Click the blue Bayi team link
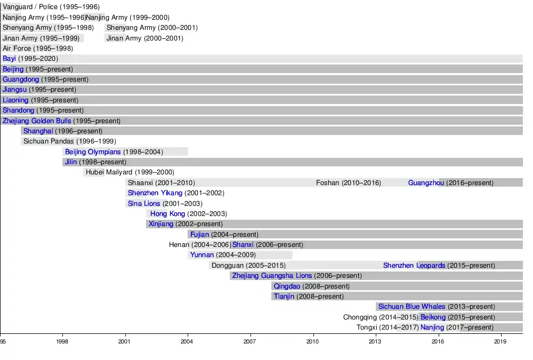9,59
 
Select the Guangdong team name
21,79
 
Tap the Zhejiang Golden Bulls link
37,121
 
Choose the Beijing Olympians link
93,152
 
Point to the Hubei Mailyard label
130,172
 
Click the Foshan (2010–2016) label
349,183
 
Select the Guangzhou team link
426,183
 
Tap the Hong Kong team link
167,214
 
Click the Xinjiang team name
161,224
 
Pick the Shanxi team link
243,245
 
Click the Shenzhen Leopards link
414,266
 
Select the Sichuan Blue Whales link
411,307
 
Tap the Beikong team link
433,317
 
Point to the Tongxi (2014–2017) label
387,327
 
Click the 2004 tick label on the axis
188,341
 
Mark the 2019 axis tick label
500,341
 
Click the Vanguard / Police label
51,7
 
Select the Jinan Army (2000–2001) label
144,38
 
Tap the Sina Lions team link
144,204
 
